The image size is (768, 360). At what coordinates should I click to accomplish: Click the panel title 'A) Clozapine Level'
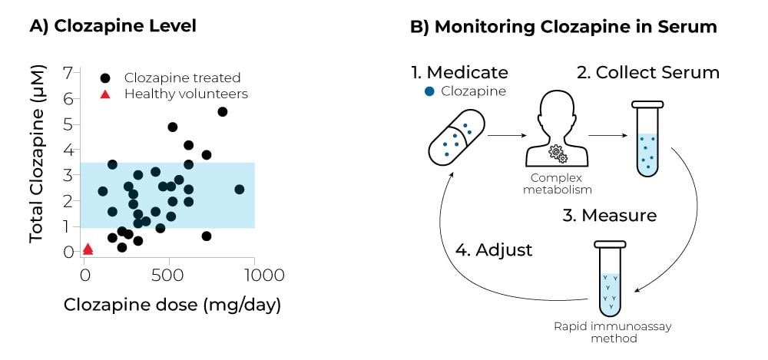pos(113,26)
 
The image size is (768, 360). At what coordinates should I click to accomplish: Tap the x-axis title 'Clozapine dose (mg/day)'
pos(172,305)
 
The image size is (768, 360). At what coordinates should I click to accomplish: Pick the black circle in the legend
pos(106,78)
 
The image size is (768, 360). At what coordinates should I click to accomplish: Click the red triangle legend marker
pos(106,94)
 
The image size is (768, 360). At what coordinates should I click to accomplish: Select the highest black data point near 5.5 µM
pos(223,112)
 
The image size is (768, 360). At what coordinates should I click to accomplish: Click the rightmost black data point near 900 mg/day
pos(239,189)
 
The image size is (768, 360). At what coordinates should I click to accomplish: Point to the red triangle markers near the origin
pos(88,249)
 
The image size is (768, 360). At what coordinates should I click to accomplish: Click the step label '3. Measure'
pos(609,215)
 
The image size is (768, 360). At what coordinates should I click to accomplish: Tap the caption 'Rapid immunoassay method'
pos(612,332)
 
